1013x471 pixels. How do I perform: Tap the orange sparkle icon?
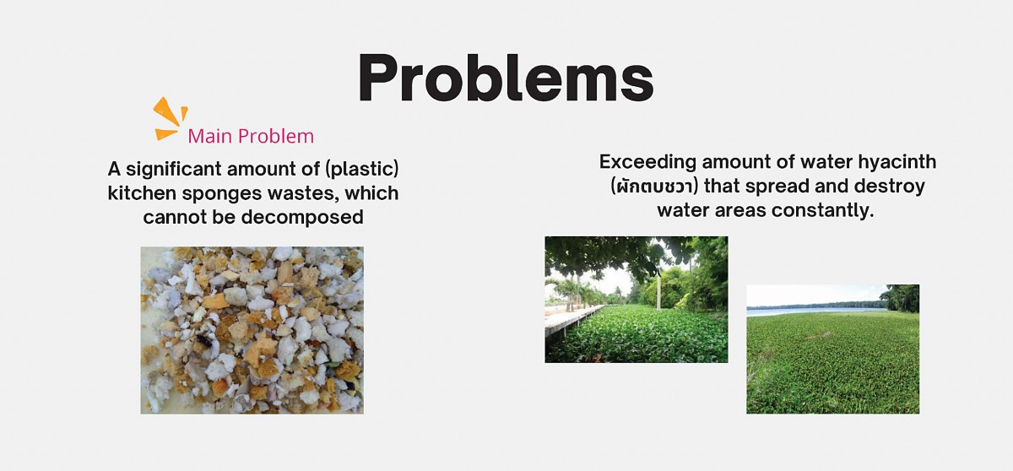170,118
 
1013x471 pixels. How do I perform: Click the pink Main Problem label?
251,136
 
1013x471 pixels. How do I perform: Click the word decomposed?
302,218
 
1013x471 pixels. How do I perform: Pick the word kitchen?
142,193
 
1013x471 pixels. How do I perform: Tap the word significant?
174,169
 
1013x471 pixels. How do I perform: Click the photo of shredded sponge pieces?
252,330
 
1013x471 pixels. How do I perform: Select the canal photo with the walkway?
637,300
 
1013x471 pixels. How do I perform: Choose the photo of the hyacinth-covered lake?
832,349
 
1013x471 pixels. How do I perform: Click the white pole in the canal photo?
658,294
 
